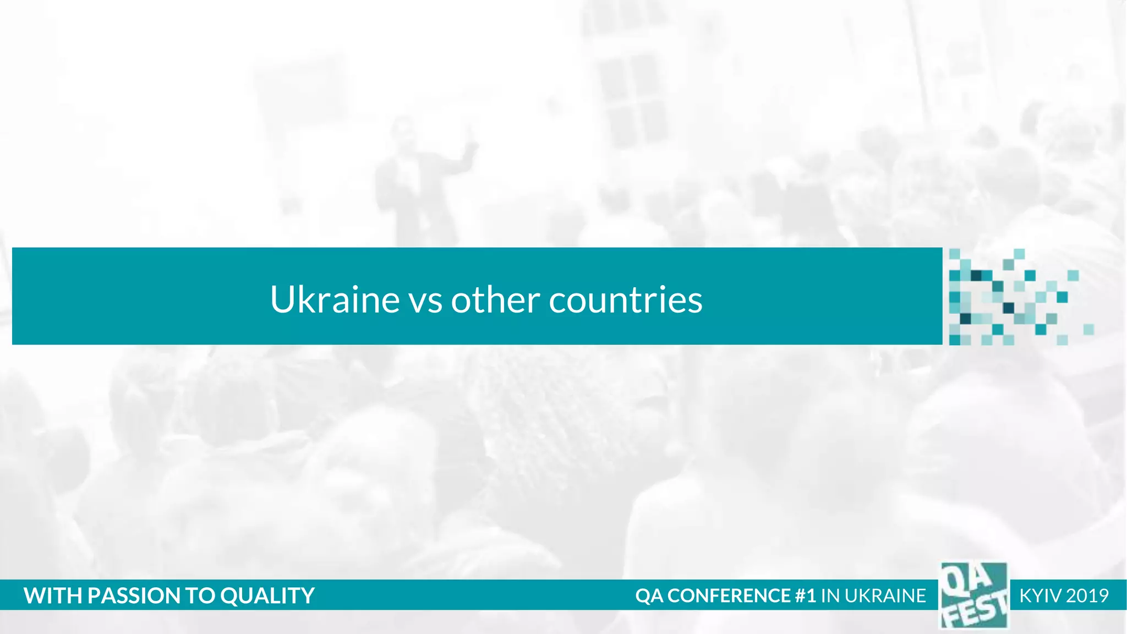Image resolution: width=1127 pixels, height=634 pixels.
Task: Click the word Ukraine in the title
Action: coord(335,299)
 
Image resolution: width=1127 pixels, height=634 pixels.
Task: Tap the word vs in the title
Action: coord(425,300)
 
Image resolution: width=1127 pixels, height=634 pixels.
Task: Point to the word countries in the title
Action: coord(626,300)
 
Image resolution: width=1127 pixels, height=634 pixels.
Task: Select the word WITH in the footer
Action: coord(52,595)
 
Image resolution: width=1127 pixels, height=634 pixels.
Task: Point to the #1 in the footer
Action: coord(806,595)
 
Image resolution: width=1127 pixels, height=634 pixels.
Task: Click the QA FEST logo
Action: coord(973,595)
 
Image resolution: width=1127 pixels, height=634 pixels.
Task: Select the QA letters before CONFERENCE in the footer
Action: coord(649,595)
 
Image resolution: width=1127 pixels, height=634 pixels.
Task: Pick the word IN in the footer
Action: coord(830,595)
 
